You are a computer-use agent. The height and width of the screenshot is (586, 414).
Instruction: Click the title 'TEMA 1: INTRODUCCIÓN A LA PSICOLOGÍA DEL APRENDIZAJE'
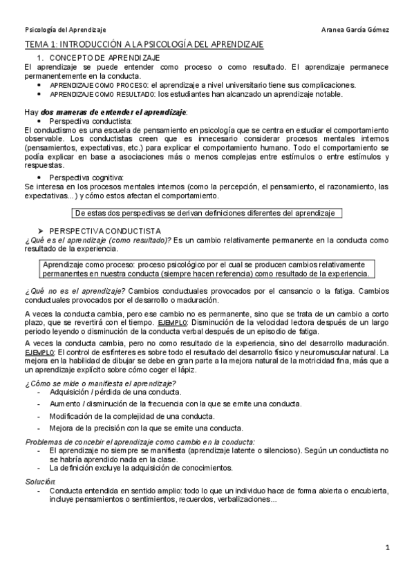click(x=144, y=44)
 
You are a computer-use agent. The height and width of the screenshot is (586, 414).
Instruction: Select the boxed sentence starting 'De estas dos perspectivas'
click(x=205, y=213)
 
